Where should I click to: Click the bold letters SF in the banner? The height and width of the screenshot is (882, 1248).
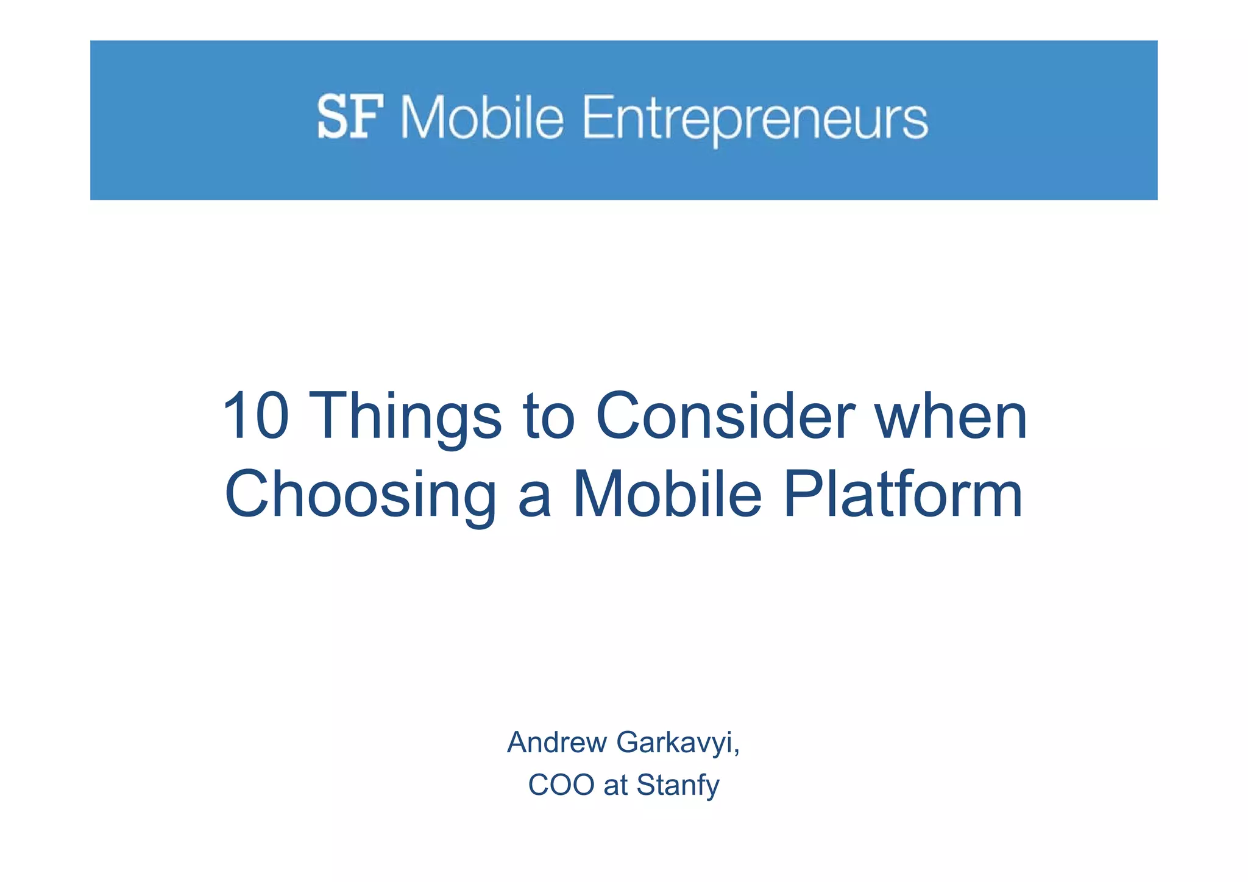pyautogui.click(x=350, y=117)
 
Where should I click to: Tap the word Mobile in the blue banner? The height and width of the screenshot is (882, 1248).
pyautogui.click(x=482, y=118)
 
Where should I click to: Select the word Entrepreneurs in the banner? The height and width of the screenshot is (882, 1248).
pyautogui.click(x=755, y=119)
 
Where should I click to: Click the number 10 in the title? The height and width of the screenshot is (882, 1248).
pyautogui.click(x=255, y=417)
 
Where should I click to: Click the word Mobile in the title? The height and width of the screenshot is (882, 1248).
pyautogui.click(x=667, y=495)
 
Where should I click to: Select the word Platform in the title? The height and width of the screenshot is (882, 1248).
pyautogui.click(x=902, y=495)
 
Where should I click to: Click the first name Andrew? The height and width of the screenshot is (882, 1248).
pyautogui.click(x=557, y=743)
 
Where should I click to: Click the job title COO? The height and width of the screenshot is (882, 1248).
pyautogui.click(x=561, y=785)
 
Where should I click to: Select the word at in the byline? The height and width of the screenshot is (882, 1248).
pyautogui.click(x=615, y=785)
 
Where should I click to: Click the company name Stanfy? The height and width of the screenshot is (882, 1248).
pyautogui.click(x=678, y=786)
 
